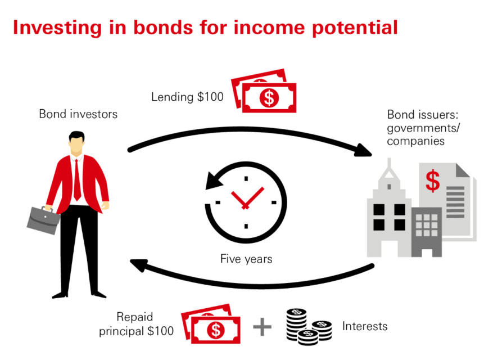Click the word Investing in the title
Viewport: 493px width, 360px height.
[57, 28]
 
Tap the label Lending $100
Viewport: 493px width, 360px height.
[187, 97]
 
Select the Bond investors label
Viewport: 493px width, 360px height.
[78, 114]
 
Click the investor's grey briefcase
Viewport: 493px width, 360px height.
[43, 220]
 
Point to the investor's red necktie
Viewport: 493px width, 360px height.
[76, 181]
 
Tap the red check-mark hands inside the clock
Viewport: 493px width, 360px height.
[247, 197]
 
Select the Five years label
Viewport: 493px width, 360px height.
[246, 259]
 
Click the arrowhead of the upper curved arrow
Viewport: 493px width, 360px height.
[363, 150]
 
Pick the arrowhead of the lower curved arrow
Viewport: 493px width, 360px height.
[139, 264]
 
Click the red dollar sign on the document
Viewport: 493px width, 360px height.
[433, 181]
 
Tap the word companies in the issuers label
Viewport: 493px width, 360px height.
[415, 141]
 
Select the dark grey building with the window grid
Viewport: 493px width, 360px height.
[427, 231]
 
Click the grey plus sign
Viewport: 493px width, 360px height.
[262, 327]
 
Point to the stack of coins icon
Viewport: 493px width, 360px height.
[309, 327]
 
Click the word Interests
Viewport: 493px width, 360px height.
[365, 326]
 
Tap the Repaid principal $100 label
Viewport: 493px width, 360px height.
[136, 324]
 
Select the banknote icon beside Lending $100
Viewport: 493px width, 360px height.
[264, 91]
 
